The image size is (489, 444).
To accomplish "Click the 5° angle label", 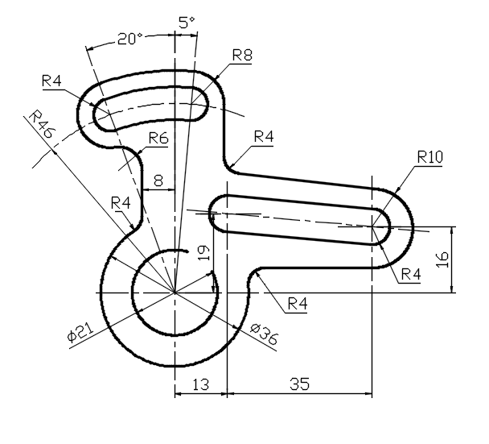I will (x=187, y=23).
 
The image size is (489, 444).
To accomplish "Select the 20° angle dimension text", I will (x=130, y=39).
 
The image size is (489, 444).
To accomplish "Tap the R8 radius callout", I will (x=243, y=55).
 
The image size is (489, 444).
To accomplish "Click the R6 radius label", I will (x=158, y=138).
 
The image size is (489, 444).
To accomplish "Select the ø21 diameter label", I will (x=81, y=333).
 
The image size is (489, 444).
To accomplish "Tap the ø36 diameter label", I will (x=263, y=334).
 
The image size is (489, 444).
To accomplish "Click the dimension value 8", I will (x=158, y=181).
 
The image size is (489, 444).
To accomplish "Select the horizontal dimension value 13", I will (x=200, y=384).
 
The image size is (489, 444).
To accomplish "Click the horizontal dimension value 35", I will (x=299, y=384).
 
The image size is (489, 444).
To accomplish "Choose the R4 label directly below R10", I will (x=410, y=274).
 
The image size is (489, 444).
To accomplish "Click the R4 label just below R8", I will (x=264, y=136).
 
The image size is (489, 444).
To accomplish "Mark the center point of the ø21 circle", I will (x=174, y=291).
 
